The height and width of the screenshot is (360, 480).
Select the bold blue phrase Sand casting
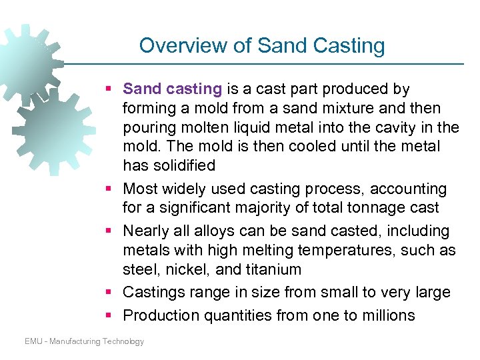(x=172, y=89)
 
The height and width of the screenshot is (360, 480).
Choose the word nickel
(x=193, y=269)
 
